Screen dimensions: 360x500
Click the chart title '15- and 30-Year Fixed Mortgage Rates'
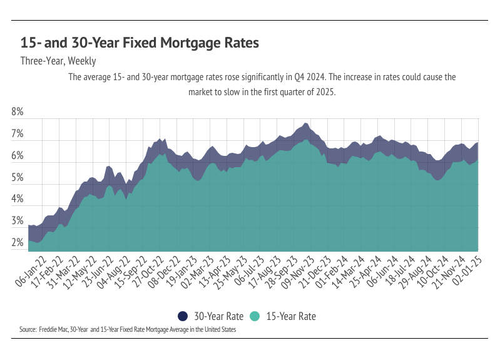(140, 43)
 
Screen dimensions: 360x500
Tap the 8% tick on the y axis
(18, 113)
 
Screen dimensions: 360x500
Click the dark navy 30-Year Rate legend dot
(183, 316)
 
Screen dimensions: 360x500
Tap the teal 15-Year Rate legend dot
(255, 316)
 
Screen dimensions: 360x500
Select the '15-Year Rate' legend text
(290, 317)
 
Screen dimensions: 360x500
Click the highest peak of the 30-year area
(305, 123)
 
